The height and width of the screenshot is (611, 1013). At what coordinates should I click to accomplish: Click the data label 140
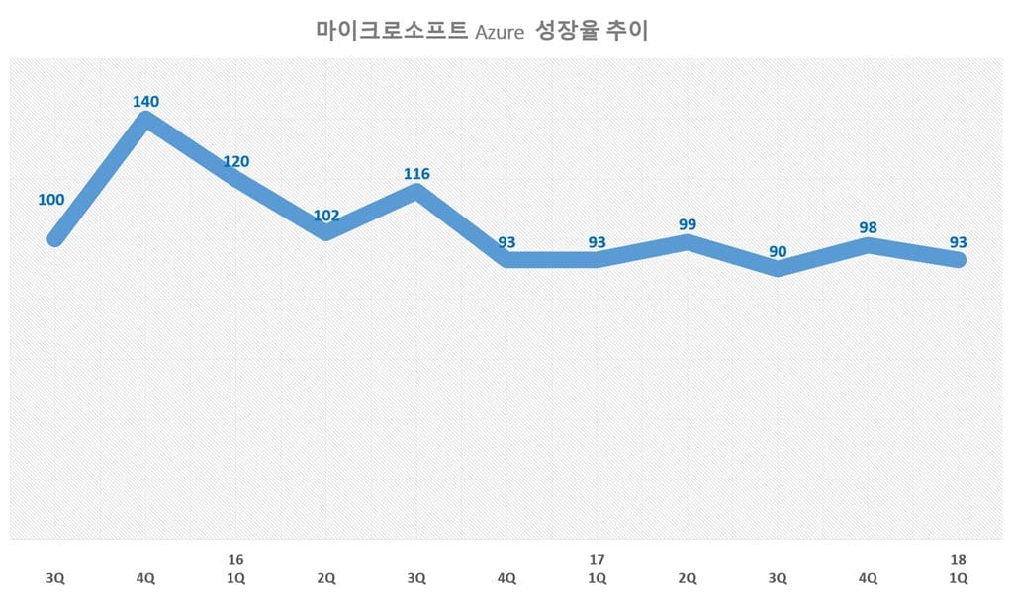[145, 101]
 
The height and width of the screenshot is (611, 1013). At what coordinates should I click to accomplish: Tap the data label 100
[51, 200]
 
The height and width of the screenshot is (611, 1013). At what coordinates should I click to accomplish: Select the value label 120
[235, 162]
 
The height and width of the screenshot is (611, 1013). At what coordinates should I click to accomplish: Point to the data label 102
[325, 216]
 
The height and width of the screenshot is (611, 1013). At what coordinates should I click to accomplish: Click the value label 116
[416, 174]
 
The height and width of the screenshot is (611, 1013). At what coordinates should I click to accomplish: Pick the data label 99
[688, 225]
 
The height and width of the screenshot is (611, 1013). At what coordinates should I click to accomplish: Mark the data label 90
[779, 252]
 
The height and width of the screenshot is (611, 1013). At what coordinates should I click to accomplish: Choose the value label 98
[869, 228]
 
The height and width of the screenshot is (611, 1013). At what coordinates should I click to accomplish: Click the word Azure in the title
[499, 33]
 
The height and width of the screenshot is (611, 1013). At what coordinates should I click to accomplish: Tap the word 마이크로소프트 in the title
[392, 32]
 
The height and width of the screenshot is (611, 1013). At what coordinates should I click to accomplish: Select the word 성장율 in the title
[564, 32]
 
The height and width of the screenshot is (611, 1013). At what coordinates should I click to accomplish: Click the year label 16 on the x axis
[235, 560]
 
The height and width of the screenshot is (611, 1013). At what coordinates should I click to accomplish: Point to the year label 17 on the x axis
[598, 560]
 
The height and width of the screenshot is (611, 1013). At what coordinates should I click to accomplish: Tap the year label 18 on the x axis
[959, 560]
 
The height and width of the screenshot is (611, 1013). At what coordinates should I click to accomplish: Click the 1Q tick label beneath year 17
[598, 579]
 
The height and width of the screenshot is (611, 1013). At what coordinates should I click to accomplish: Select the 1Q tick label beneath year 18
[959, 579]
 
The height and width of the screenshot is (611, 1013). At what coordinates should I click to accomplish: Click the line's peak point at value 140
[145, 121]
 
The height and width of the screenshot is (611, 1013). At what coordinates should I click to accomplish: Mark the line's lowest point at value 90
[779, 268]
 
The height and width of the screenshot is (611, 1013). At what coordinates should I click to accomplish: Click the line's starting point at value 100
[56, 238]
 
